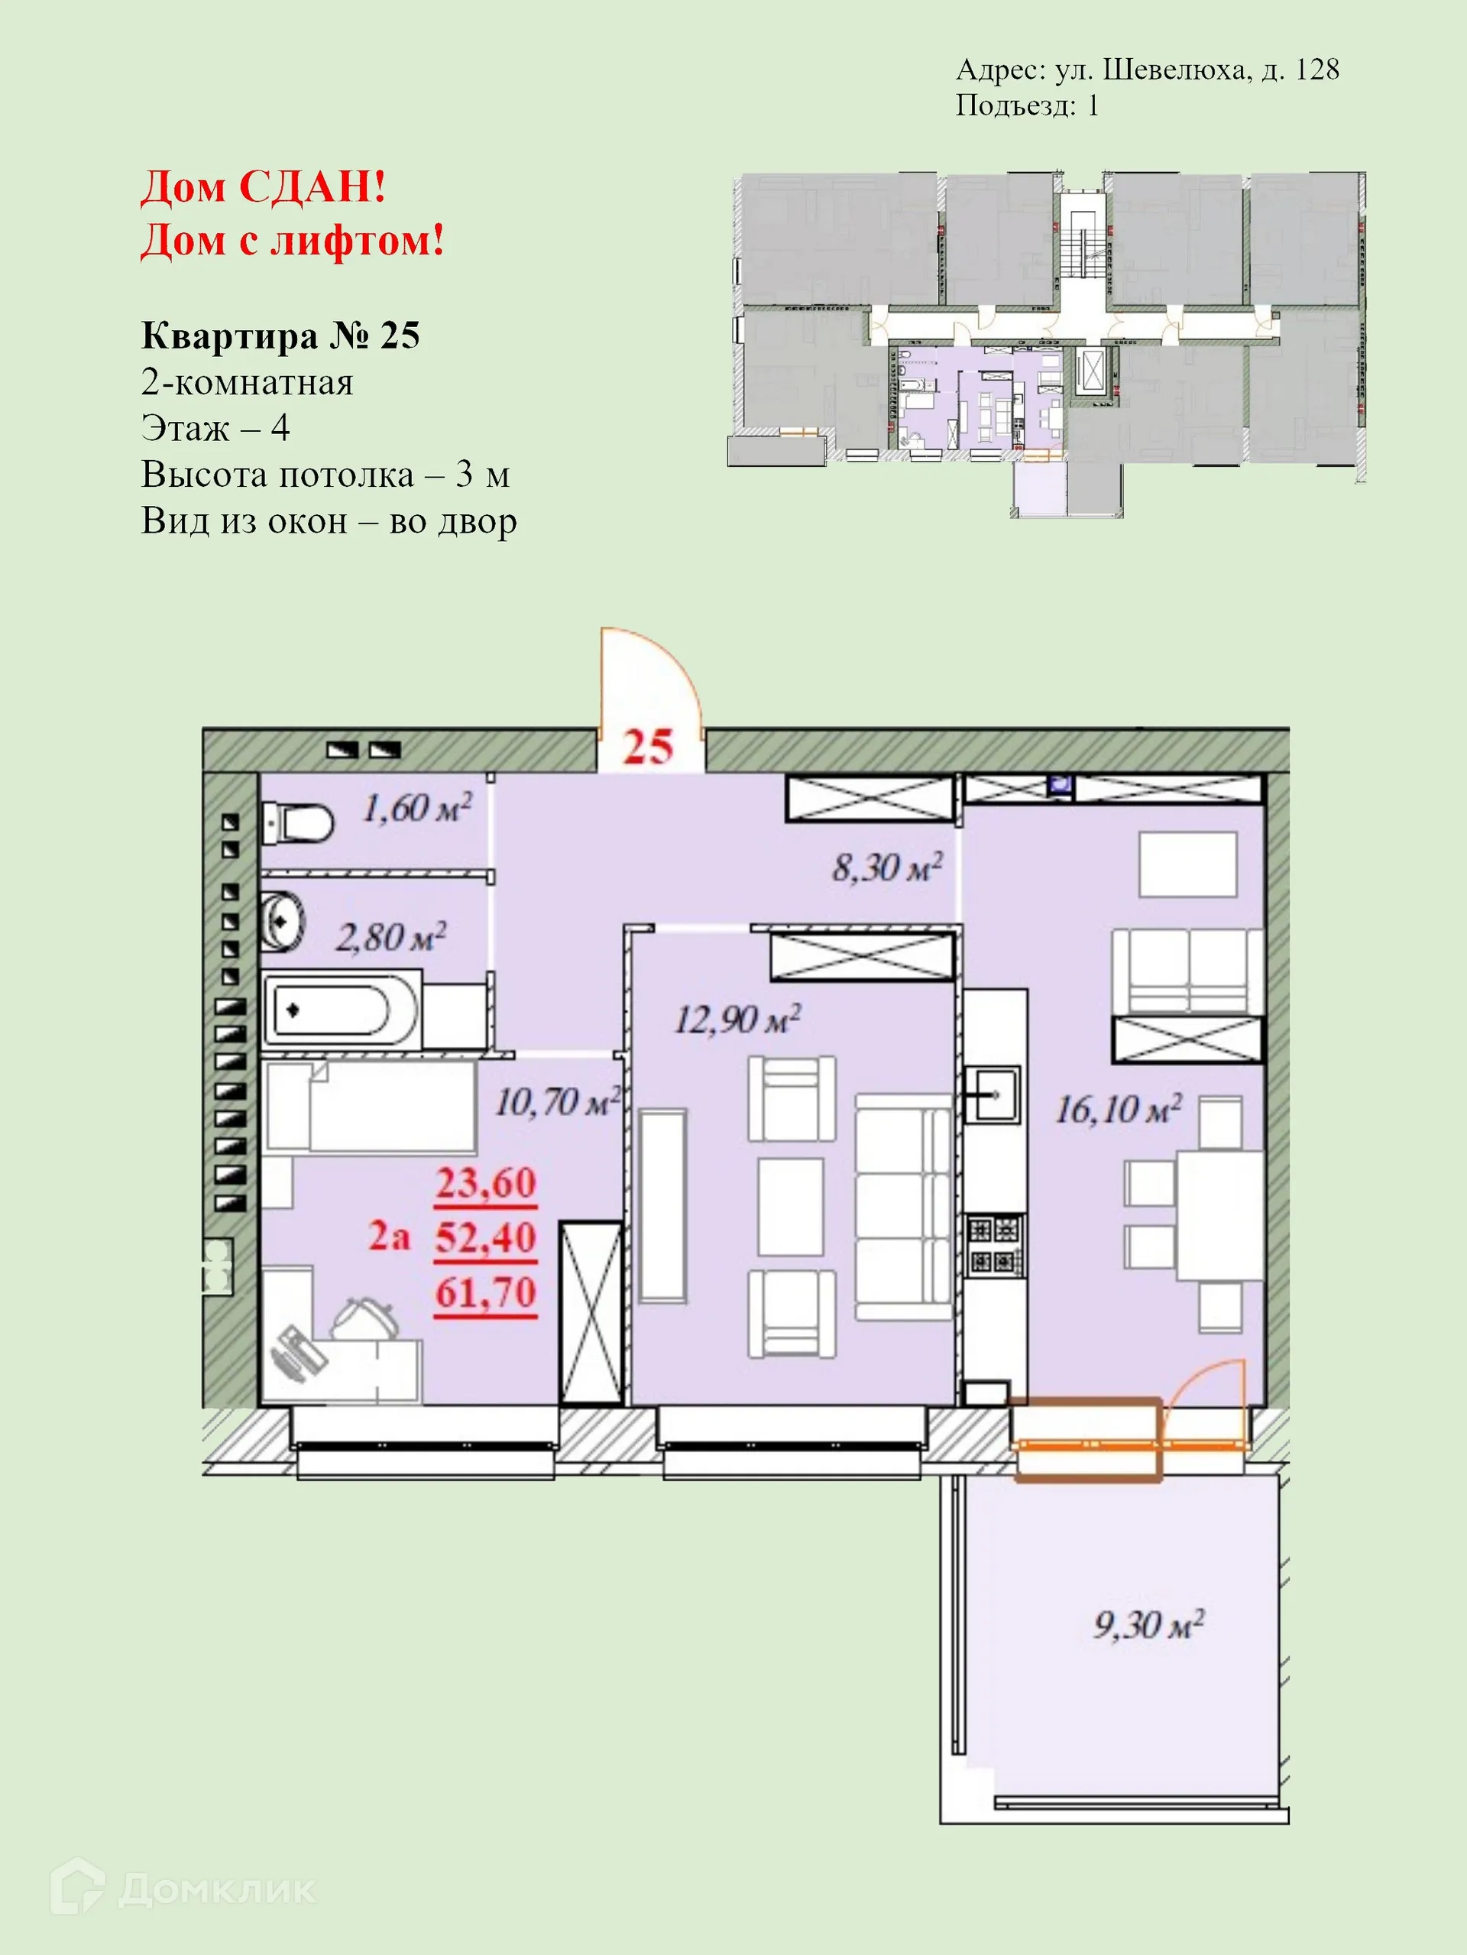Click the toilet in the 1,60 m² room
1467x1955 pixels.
299,824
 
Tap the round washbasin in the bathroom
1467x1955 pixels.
283,922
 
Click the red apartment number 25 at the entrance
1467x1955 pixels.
648,747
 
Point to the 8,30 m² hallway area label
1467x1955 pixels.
886,868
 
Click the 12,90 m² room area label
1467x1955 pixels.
737,1020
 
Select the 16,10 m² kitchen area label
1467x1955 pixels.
1117,1110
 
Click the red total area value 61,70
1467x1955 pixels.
485,1293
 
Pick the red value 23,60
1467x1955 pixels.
485,1183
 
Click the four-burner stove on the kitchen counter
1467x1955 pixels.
995,1245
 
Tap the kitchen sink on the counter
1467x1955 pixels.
992,1094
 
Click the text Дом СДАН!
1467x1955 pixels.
264,187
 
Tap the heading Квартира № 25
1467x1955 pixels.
280,336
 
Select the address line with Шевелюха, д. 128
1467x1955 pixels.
1147,70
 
